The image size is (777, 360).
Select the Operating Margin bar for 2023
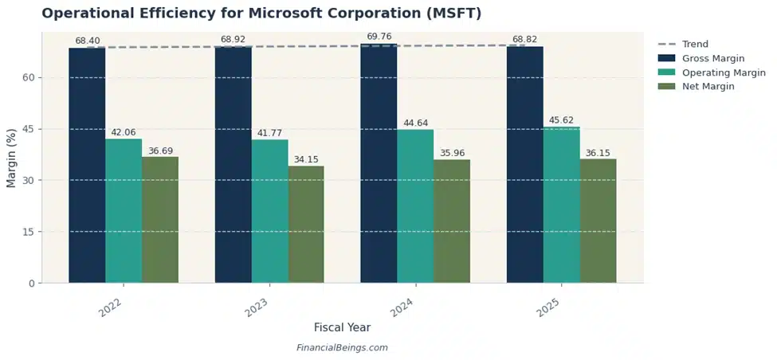pyautogui.click(x=269, y=211)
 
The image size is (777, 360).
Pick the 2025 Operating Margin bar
pyautogui.click(x=561, y=205)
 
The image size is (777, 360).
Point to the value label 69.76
pyautogui.click(x=379, y=36)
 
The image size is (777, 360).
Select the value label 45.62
pyautogui.click(x=561, y=120)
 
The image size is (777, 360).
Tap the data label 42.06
pyautogui.click(x=124, y=132)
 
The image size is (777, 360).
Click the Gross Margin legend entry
pyautogui.click(x=713, y=58)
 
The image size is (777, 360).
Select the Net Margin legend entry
pyautogui.click(x=708, y=86)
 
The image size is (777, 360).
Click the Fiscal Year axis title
pyautogui.click(x=342, y=327)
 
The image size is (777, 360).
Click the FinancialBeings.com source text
pyautogui.click(x=342, y=348)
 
